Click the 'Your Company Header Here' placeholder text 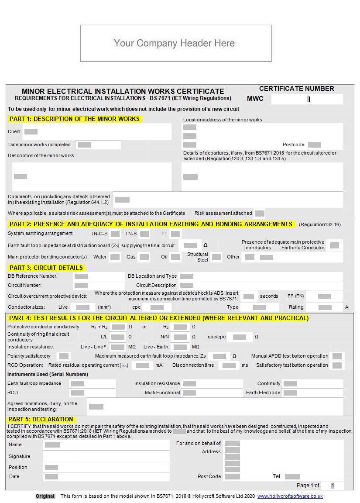pyautogui.click(x=175, y=43)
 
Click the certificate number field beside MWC pyautogui.click(x=307, y=99)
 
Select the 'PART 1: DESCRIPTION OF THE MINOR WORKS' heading pyautogui.click(x=75, y=119)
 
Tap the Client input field pyautogui.click(x=31, y=131)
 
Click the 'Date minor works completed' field pyautogui.click(x=85, y=145)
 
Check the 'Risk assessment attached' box pyautogui.click(x=260, y=213)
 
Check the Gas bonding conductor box pyautogui.click(x=144, y=257)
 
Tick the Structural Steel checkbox pyautogui.click(x=216, y=257)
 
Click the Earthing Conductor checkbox pyautogui.click(x=334, y=245)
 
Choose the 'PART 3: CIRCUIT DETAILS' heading pyautogui.click(x=46, y=268)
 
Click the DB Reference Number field pyautogui.click(x=81, y=276)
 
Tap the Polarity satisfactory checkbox pyautogui.click(x=64, y=356)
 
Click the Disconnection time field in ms pyautogui.click(x=229, y=365)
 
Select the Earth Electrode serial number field pyautogui.click(x=290, y=393)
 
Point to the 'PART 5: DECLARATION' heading pyautogui.click(x=41, y=419)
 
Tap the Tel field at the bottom pyautogui.click(x=292, y=476)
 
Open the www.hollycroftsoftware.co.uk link pyautogui.click(x=290, y=496)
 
